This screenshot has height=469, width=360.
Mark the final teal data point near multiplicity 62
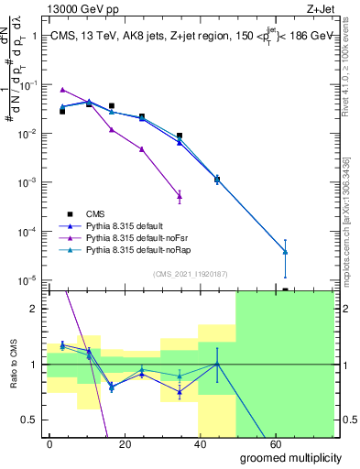click(x=286, y=252)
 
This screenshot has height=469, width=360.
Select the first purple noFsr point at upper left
click(x=62, y=90)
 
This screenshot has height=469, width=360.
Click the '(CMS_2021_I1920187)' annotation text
click(x=191, y=272)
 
